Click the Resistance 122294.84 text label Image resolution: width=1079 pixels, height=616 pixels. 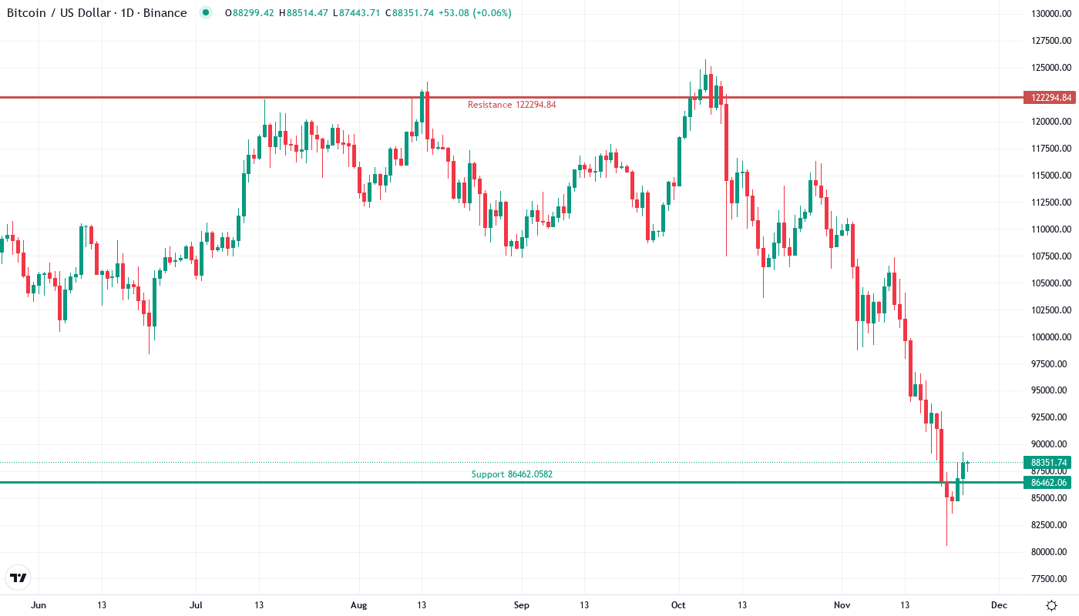click(512, 105)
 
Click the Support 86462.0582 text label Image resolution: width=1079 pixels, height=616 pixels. click(512, 474)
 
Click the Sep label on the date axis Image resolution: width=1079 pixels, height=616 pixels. click(522, 605)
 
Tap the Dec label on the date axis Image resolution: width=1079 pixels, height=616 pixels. click(999, 605)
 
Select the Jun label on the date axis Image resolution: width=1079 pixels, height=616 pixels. click(39, 605)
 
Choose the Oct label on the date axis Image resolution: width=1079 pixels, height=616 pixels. click(679, 605)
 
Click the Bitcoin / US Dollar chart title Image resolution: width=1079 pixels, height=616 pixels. click(96, 13)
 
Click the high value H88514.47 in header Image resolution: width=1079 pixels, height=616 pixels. click(308, 13)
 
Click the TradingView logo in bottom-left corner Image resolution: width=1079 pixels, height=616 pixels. click(18, 577)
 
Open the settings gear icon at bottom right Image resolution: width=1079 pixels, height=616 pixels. click(1051, 605)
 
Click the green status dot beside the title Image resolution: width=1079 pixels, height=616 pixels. click(205, 12)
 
